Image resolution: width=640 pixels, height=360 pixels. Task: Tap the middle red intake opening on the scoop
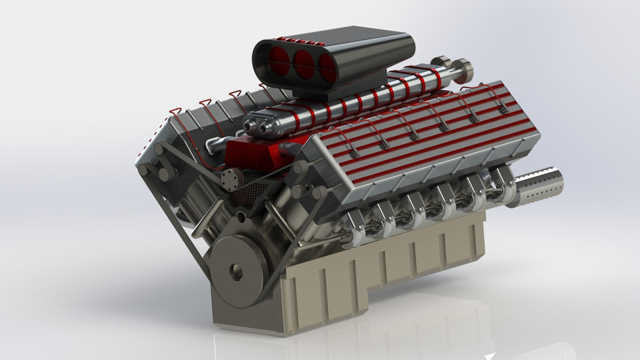(303, 61)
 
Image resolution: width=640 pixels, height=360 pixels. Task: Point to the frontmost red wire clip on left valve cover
(175, 109)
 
